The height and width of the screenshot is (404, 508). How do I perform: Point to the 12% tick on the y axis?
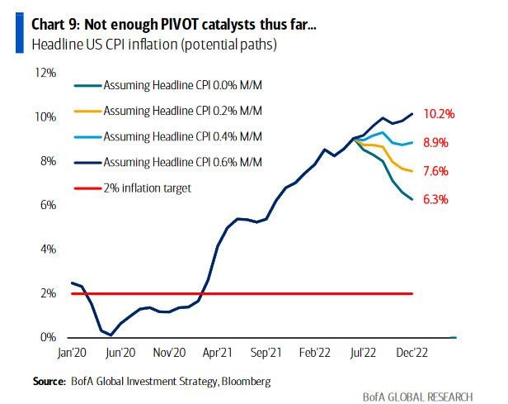45,73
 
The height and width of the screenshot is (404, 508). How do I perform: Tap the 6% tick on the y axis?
47,205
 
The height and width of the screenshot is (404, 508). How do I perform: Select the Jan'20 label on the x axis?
73,351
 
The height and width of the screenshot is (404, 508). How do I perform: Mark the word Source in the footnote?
49,381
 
